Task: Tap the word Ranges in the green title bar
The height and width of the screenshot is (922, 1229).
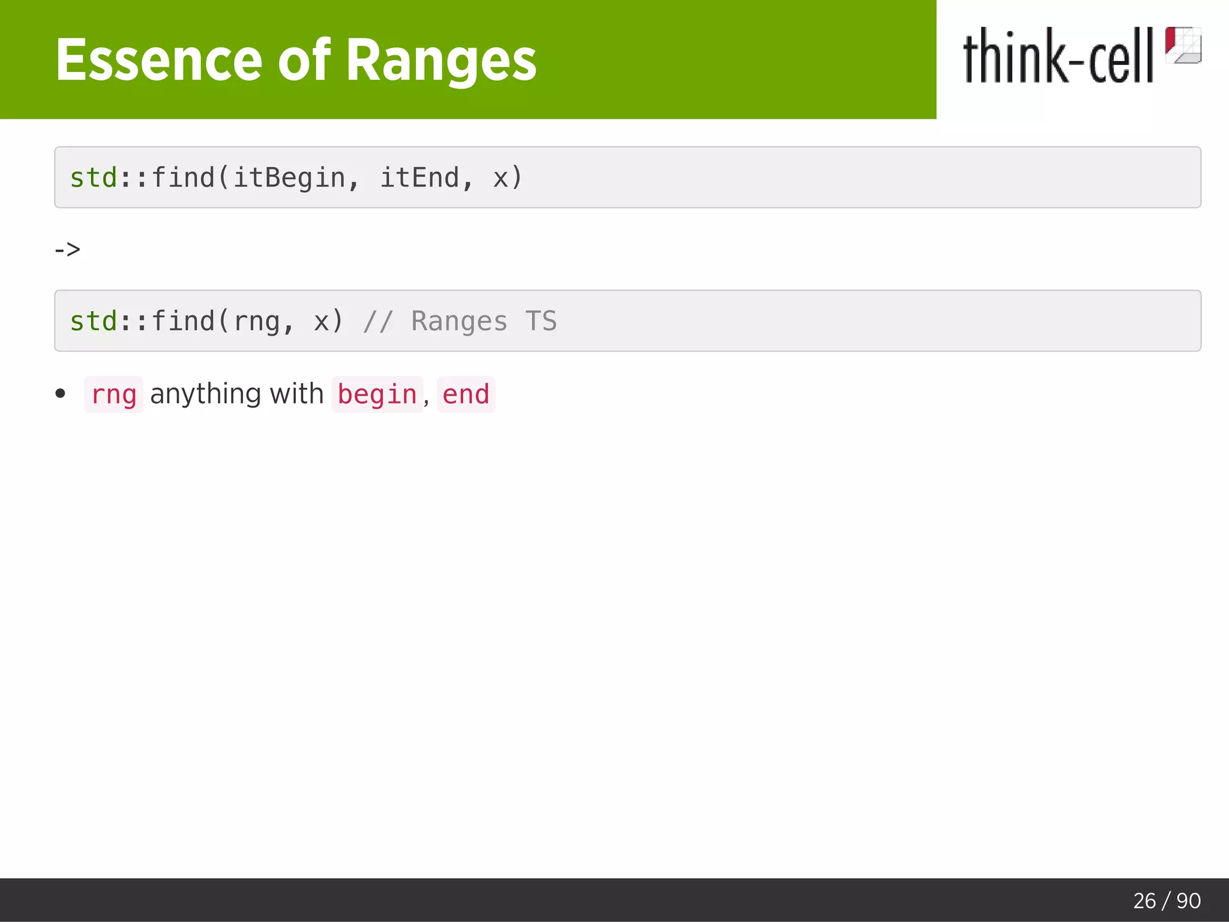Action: (441, 60)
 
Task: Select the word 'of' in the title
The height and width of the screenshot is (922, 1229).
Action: (304, 60)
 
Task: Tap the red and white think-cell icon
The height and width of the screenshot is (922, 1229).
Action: (1183, 45)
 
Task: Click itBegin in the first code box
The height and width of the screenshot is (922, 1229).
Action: (289, 178)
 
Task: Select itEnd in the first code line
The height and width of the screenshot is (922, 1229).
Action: (419, 178)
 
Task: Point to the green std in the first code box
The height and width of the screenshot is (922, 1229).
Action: (94, 178)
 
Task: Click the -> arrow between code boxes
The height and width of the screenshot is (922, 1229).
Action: (67, 249)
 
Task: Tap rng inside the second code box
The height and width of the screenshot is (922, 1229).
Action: (257, 322)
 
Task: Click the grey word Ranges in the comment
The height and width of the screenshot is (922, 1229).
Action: (459, 322)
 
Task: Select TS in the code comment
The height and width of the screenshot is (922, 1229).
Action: (541, 322)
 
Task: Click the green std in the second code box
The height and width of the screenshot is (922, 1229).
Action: (94, 322)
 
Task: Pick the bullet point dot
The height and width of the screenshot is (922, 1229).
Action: (60, 394)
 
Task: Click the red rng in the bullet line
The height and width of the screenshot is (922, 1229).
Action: (114, 395)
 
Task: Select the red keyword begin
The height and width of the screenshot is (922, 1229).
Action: (377, 395)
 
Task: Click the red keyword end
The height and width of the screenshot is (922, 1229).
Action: (466, 395)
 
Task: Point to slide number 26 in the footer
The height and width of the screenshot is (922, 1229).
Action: (1144, 901)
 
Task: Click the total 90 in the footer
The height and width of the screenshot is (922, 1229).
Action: (1188, 901)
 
